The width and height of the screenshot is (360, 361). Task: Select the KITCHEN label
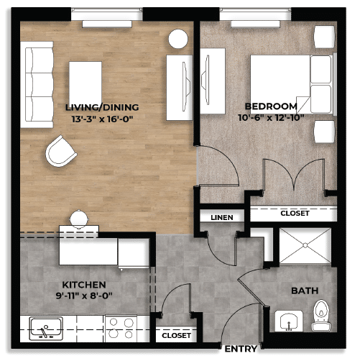pyautogui.click(x=83, y=285)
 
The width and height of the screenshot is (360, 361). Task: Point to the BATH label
pyautogui.click(x=301, y=291)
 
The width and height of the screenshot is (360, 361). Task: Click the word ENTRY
pyautogui.click(x=241, y=349)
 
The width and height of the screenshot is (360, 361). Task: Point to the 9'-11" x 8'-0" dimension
pyautogui.click(x=83, y=296)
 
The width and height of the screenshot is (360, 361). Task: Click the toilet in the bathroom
pyautogui.click(x=320, y=314)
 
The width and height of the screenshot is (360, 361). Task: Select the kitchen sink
pyautogui.click(x=45, y=329)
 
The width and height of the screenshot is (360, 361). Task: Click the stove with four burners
pyautogui.click(x=120, y=329)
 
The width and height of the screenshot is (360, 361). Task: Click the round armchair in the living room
pyautogui.click(x=61, y=151)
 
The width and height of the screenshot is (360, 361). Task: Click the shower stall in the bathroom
pyautogui.click(x=303, y=247)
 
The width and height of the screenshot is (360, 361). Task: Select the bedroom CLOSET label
pyautogui.click(x=294, y=214)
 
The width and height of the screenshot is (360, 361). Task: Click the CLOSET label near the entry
pyautogui.click(x=176, y=336)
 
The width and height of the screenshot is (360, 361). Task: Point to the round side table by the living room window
pyautogui.click(x=177, y=40)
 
